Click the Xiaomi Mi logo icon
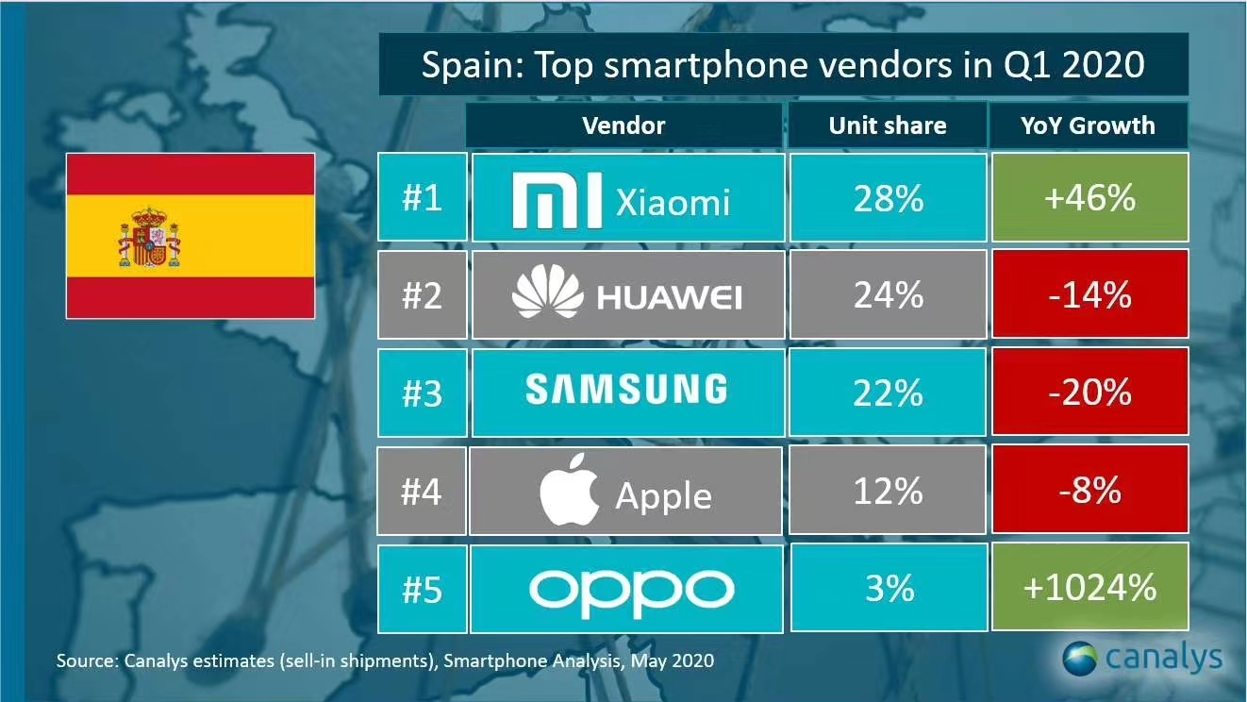[557, 199]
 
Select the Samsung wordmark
[626, 390]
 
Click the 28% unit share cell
[888, 199]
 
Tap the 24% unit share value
[888, 295]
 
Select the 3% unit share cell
[888, 589]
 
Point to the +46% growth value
[1088, 199]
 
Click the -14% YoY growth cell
[1088, 295]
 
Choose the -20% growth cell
[1088, 392]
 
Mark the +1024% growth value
[1088, 589]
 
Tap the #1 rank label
[422, 199]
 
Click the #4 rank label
[422, 492]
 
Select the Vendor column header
[623, 125]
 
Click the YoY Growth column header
[1088, 125]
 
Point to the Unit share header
[888, 125]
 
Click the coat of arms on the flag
[149, 237]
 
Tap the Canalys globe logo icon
[1081, 657]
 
